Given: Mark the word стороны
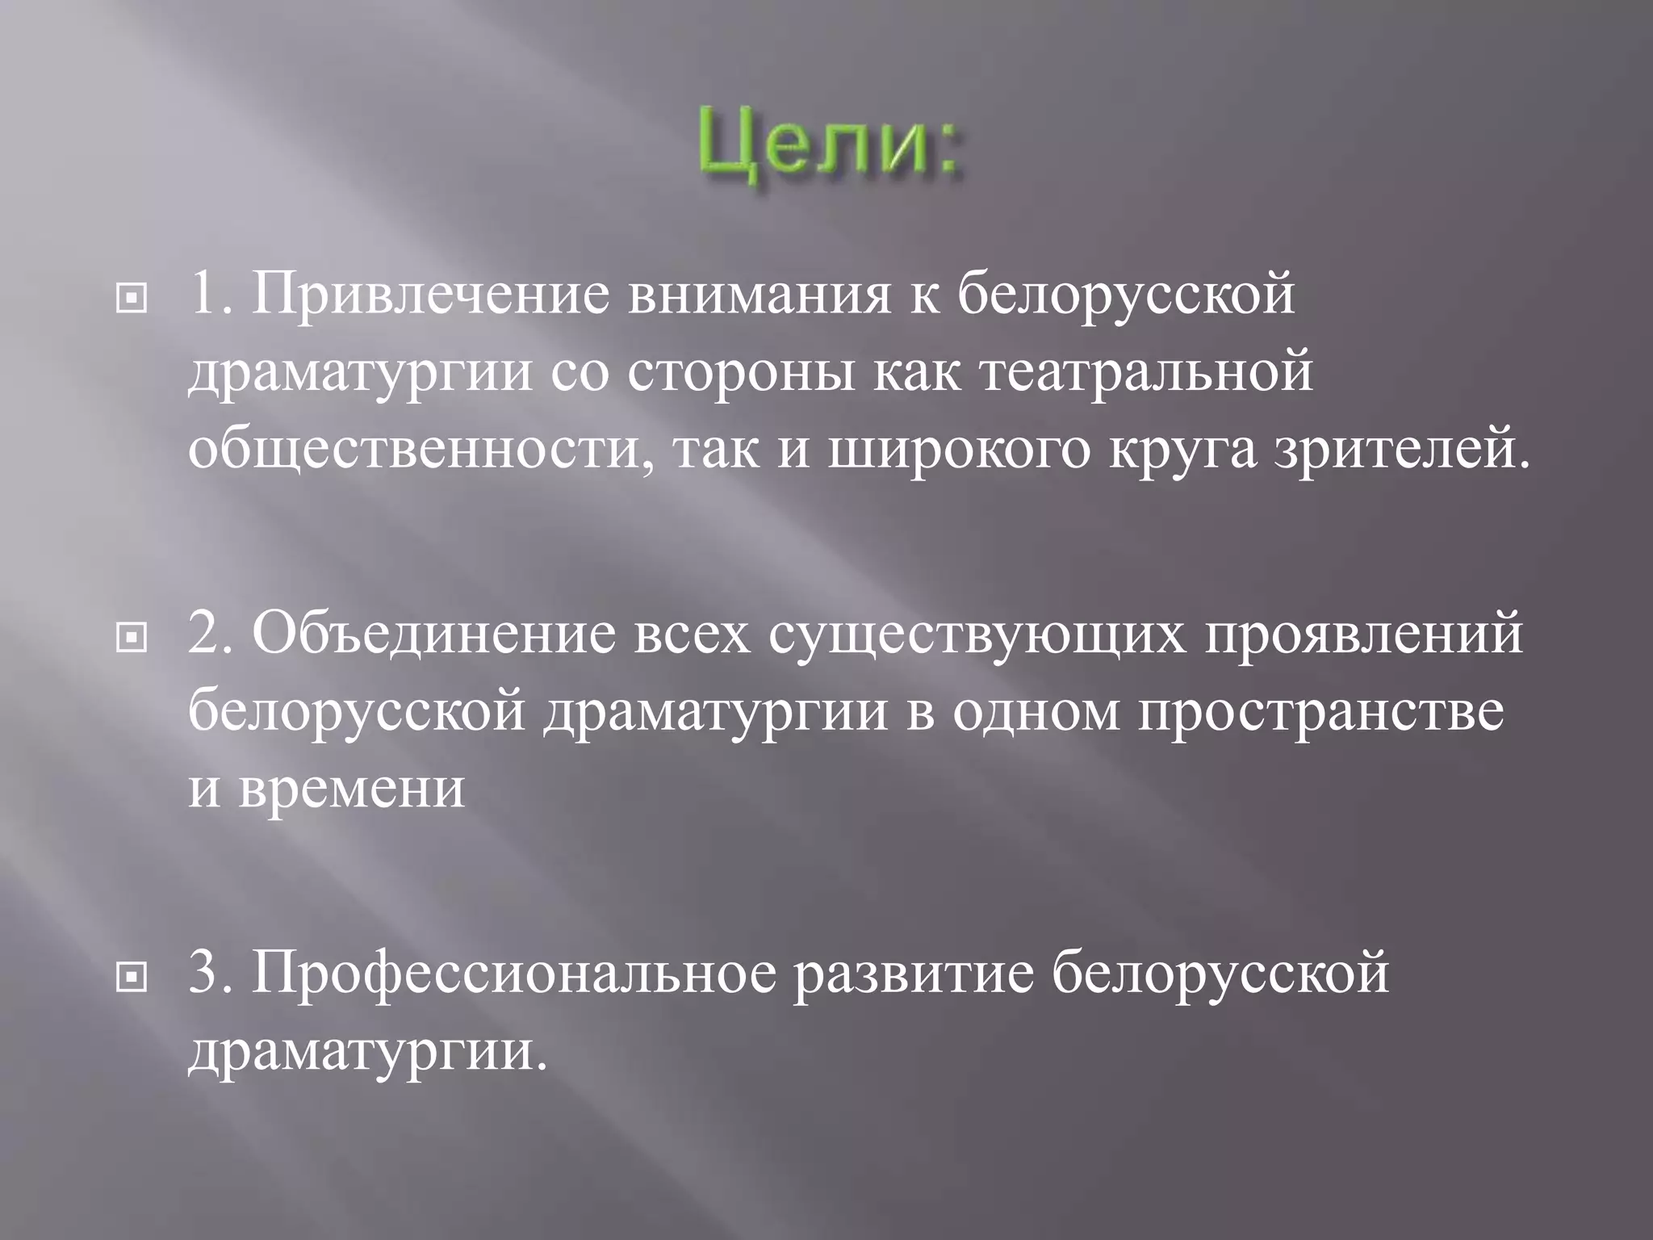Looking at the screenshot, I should [x=738, y=373].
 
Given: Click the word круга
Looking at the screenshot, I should [x=1182, y=450].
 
